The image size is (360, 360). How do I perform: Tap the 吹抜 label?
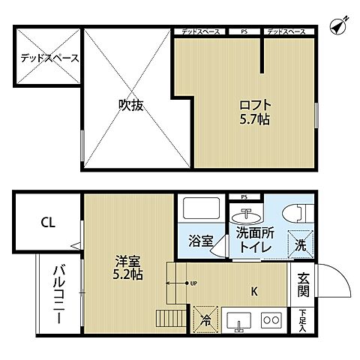(x=130, y=106)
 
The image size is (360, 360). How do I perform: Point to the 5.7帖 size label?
(x=255, y=118)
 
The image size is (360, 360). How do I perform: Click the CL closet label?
(x=47, y=222)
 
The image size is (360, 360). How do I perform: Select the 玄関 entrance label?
(x=303, y=284)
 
